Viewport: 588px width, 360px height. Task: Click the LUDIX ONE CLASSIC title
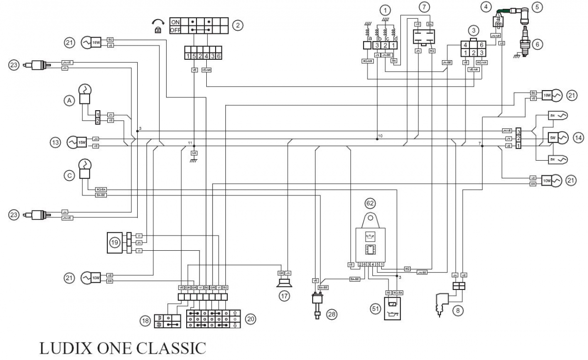click(x=122, y=348)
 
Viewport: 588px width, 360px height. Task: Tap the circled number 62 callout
click(x=369, y=202)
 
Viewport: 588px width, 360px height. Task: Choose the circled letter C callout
click(x=70, y=174)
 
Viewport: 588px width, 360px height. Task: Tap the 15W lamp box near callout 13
click(x=81, y=142)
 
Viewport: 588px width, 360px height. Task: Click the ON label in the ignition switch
click(x=175, y=22)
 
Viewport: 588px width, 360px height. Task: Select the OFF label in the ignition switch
click(x=175, y=30)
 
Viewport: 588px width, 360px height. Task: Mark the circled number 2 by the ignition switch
click(x=238, y=25)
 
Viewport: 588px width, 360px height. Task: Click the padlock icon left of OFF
click(x=158, y=30)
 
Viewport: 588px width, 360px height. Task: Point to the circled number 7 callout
click(x=425, y=7)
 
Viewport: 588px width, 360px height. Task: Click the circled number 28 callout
click(x=333, y=313)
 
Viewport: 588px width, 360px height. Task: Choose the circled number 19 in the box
click(x=115, y=241)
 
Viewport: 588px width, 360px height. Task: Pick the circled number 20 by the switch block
click(x=250, y=319)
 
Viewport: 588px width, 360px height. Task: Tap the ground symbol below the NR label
click(x=194, y=160)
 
